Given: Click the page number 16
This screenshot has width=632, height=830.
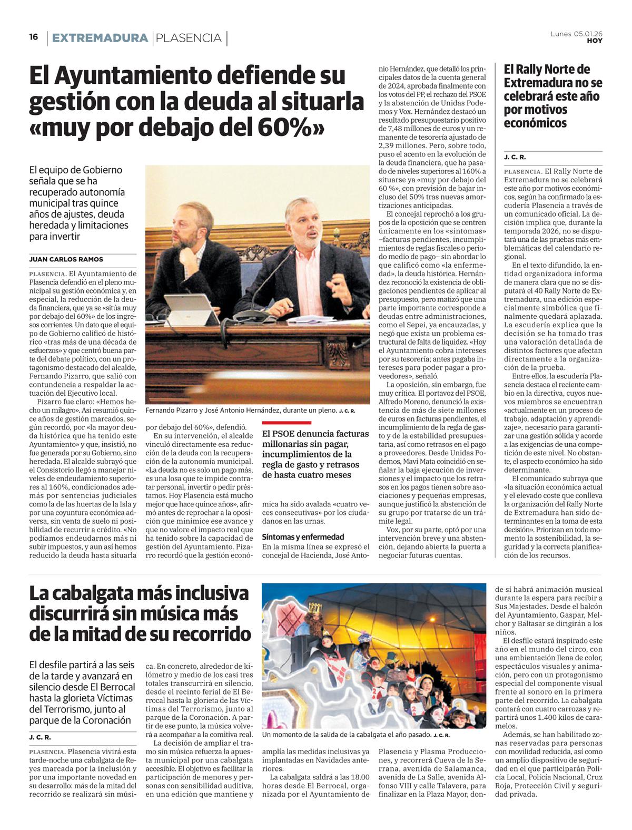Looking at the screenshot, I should [x=34, y=37].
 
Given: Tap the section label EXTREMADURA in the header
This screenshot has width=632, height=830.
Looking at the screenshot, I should [x=100, y=38].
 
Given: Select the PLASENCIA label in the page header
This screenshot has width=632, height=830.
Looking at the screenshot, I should [x=189, y=38].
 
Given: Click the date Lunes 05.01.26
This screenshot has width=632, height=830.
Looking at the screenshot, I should [x=576, y=34].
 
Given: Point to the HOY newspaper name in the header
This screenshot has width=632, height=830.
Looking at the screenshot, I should [x=595, y=41].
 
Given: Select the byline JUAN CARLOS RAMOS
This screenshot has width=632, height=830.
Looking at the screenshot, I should [x=66, y=259].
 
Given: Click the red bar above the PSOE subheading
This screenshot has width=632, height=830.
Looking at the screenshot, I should [x=287, y=423].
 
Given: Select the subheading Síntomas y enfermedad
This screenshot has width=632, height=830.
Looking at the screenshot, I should [x=303, y=536].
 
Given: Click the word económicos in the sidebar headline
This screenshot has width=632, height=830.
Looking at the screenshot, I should [x=535, y=123].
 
